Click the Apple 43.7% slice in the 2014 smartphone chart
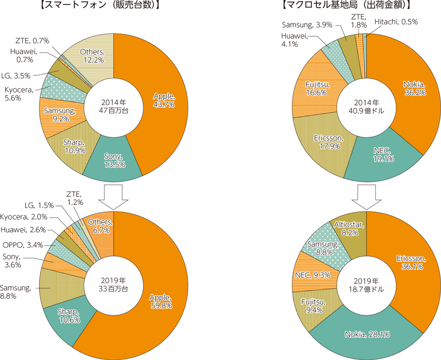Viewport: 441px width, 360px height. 162,100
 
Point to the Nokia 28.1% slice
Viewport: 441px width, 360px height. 366,334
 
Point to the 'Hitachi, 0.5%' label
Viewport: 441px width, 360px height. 395,22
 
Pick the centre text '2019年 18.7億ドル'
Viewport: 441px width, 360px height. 366,285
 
